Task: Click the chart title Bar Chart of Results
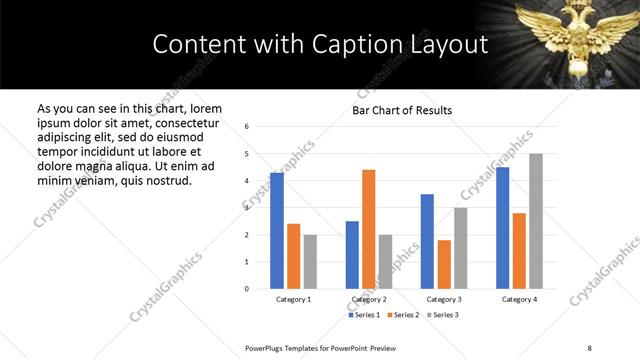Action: (x=402, y=110)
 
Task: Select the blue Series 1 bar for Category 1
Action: (x=277, y=231)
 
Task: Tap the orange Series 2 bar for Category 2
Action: (x=368, y=229)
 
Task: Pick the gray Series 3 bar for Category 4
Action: (x=536, y=221)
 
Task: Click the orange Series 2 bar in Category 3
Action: (x=444, y=264)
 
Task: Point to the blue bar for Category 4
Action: (x=502, y=228)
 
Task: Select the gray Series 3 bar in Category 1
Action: (x=311, y=261)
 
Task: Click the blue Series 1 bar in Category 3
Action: (x=427, y=241)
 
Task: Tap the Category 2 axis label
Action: (x=369, y=299)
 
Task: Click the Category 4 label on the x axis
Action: (x=519, y=299)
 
